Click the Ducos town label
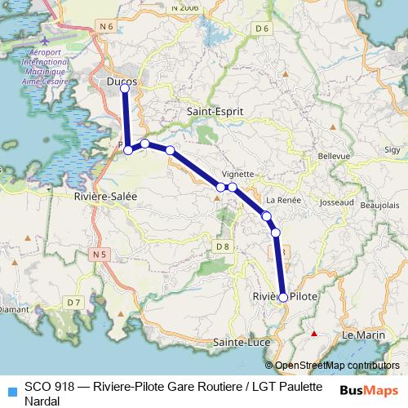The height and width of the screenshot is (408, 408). [x=123, y=82]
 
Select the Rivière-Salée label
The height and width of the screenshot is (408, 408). [x=104, y=197]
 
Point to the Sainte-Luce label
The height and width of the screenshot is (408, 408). [x=241, y=341]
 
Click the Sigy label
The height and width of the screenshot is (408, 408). [x=392, y=149]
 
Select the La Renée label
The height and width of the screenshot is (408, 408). [x=283, y=200]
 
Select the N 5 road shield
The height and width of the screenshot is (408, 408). [x=100, y=255]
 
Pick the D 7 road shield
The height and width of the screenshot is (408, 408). [x=74, y=302]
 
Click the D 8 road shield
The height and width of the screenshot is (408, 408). [x=222, y=246]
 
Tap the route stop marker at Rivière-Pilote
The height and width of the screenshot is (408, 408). [x=283, y=298]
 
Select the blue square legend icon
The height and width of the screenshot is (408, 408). [x=11, y=388]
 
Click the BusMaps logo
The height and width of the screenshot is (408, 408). [x=368, y=388]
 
